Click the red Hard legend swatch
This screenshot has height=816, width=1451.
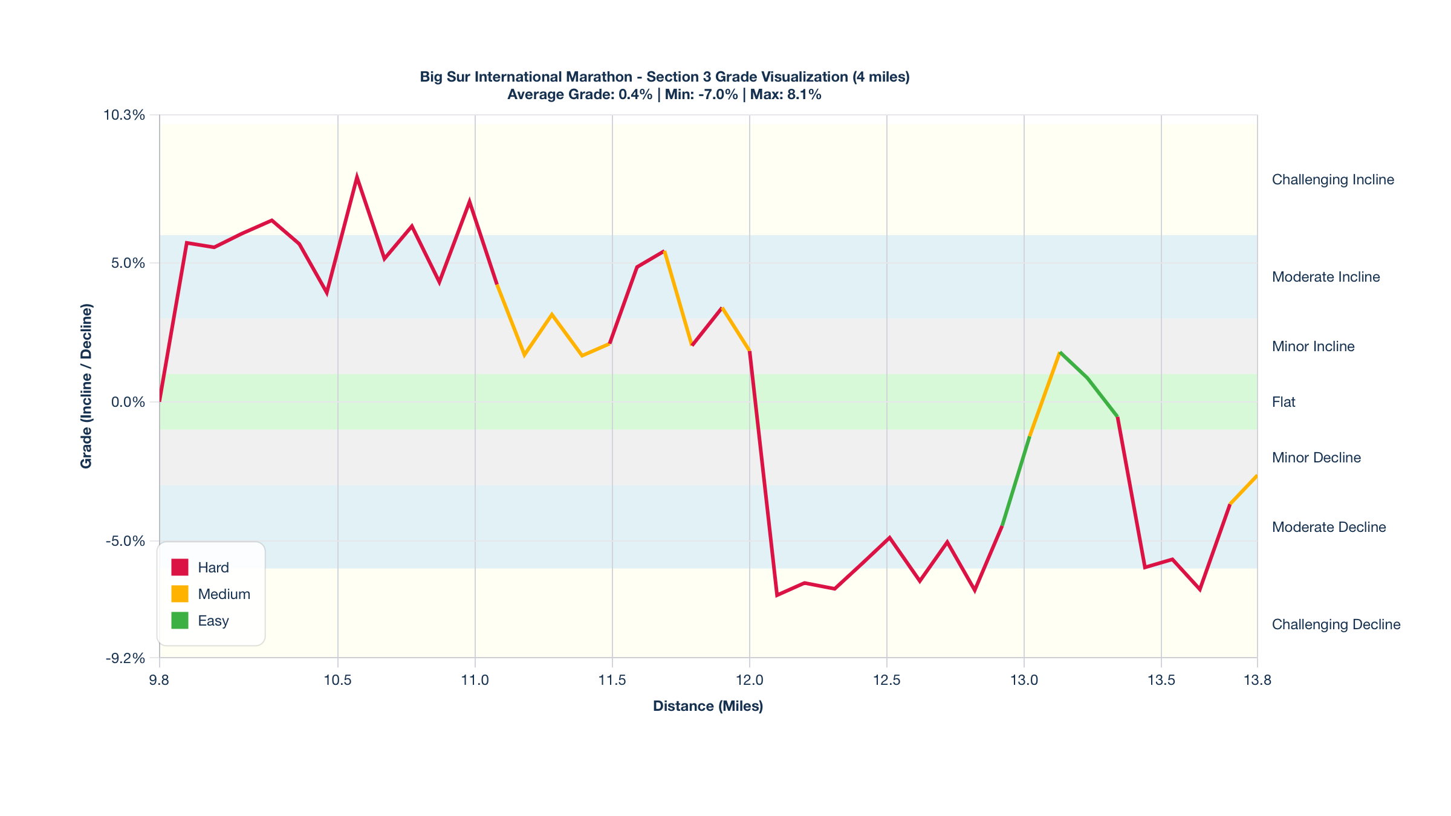click(x=180, y=567)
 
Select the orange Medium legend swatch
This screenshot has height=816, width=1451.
click(x=180, y=594)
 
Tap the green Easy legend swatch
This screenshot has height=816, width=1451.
click(x=180, y=620)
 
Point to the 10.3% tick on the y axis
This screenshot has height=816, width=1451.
click(x=125, y=115)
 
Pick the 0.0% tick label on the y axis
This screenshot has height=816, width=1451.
click(x=128, y=402)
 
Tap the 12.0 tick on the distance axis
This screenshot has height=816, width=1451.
click(x=750, y=680)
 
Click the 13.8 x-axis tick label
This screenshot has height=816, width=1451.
click(x=1258, y=680)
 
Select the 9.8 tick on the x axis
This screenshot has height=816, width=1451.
click(x=160, y=680)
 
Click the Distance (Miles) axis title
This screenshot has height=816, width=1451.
click(x=708, y=706)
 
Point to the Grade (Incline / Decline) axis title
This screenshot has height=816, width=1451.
click(x=86, y=386)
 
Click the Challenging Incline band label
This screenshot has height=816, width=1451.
click(x=1333, y=180)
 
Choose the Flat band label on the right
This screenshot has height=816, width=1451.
click(x=1284, y=402)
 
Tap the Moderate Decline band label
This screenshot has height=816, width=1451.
click(x=1329, y=527)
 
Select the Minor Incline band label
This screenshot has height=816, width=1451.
click(x=1313, y=346)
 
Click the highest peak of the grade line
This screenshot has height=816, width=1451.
click(x=357, y=177)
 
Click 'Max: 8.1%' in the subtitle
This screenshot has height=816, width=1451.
click(x=786, y=94)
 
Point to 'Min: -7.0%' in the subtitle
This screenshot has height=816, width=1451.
click(x=701, y=94)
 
